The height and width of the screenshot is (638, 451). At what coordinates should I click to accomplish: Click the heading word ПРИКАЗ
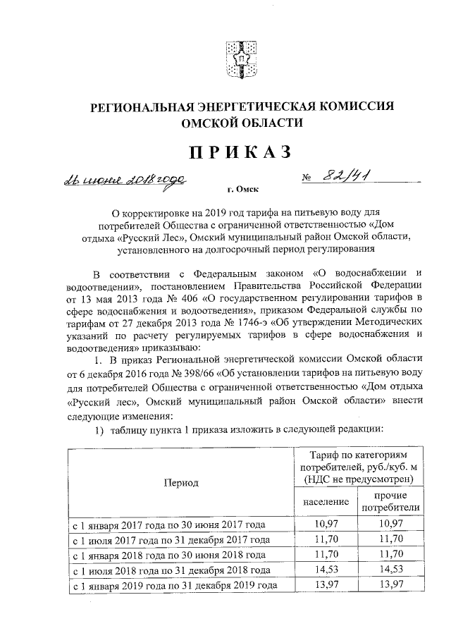233,152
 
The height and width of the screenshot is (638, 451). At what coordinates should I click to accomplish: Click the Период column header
181,483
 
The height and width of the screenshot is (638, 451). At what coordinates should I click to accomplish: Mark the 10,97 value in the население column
326,524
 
